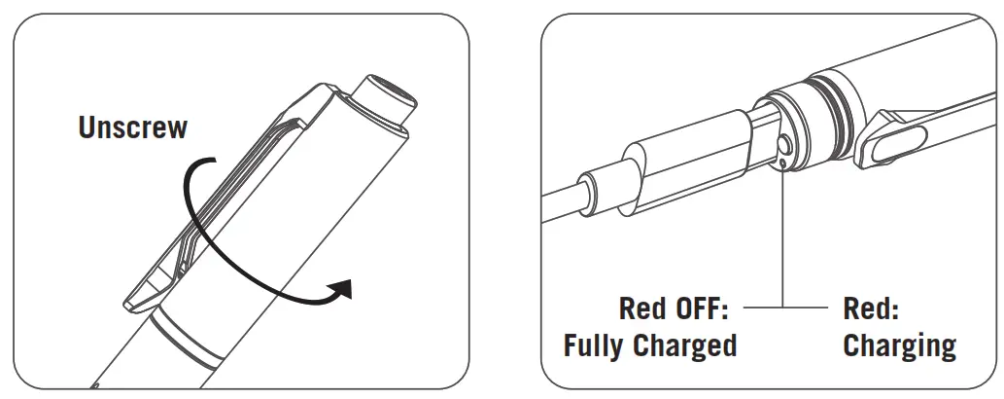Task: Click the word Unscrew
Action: [132, 127]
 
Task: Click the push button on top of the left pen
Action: [388, 97]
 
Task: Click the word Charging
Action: [899, 345]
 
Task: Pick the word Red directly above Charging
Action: [871, 309]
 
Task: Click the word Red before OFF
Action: [641, 309]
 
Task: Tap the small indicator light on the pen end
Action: [782, 163]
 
